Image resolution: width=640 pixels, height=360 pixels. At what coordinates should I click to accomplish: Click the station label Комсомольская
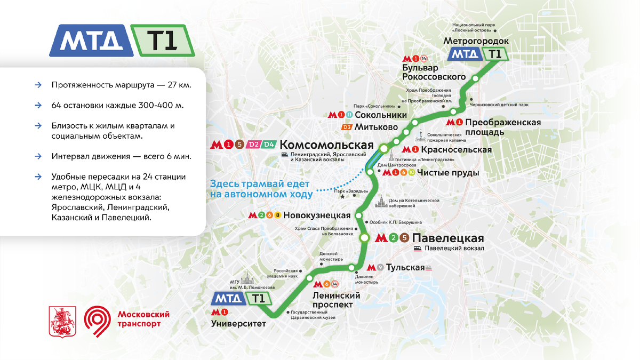click(x=326, y=146)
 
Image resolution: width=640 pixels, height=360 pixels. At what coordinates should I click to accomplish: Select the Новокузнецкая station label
click(x=317, y=215)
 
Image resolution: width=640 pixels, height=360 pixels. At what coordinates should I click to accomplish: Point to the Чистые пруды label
click(x=448, y=173)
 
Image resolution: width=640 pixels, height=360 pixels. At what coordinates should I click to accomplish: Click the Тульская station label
click(x=405, y=267)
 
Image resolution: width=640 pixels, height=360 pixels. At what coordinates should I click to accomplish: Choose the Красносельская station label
click(x=456, y=149)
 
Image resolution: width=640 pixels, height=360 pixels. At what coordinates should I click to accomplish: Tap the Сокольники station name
click(x=380, y=115)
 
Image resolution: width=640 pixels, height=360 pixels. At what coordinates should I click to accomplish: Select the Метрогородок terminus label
click(x=477, y=41)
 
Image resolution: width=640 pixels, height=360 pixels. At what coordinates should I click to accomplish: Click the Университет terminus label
click(x=238, y=323)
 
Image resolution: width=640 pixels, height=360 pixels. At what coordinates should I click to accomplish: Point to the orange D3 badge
click(x=347, y=127)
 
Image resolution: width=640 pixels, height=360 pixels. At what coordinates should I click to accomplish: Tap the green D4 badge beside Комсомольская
click(x=269, y=145)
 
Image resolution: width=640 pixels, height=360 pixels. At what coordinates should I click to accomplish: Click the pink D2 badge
click(x=254, y=145)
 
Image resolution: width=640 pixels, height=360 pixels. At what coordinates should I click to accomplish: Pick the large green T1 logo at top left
click(x=162, y=41)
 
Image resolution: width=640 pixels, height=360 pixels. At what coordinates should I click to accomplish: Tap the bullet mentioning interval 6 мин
click(x=121, y=157)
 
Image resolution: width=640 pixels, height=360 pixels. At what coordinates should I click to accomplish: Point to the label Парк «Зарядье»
click(x=352, y=190)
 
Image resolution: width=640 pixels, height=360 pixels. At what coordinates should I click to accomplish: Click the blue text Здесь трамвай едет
click(x=261, y=183)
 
